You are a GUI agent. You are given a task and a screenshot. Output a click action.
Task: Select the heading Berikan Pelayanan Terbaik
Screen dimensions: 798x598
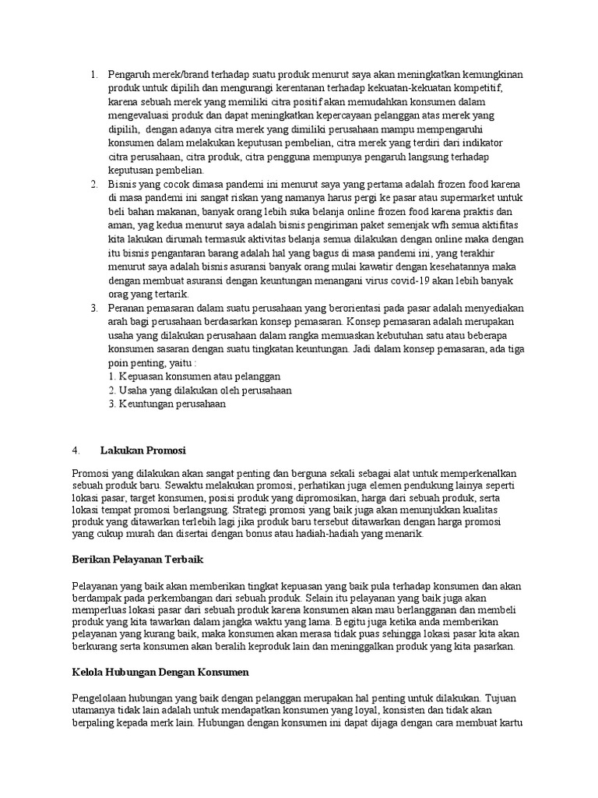[131, 559]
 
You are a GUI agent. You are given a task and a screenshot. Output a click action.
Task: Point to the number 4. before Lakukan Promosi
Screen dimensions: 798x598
[76, 450]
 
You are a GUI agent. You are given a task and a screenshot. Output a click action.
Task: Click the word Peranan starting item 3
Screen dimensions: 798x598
[128, 308]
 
